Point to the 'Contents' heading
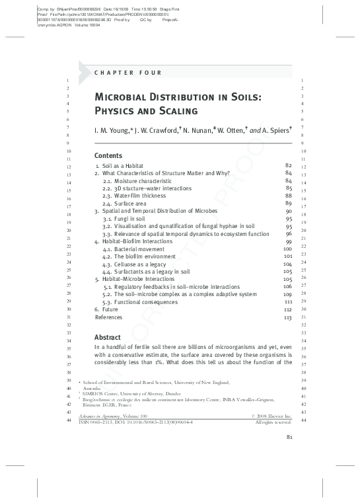coord(108,155)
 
